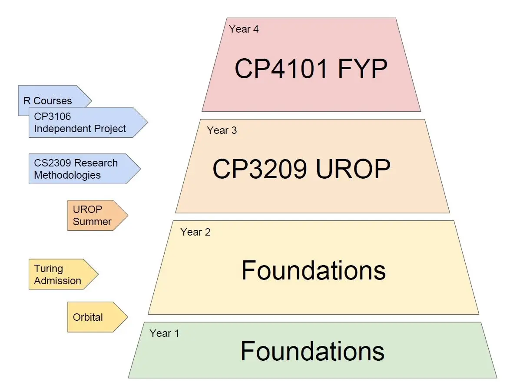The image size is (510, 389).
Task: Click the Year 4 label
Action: [244, 30]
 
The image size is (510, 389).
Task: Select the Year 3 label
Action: [222, 130]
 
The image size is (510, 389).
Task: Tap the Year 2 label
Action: [195, 232]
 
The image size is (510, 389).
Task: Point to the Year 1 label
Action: [164, 333]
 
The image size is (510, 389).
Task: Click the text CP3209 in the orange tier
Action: [259, 169]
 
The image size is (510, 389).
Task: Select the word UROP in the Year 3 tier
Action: [353, 169]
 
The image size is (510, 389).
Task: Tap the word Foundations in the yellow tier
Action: [313, 270]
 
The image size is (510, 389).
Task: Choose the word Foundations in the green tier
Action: [312, 351]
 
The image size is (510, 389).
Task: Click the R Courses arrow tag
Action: [48, 101]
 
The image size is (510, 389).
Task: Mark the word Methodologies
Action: [67, 175]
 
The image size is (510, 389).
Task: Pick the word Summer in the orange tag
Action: [92, 221]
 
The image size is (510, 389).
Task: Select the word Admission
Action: [57, 280]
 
